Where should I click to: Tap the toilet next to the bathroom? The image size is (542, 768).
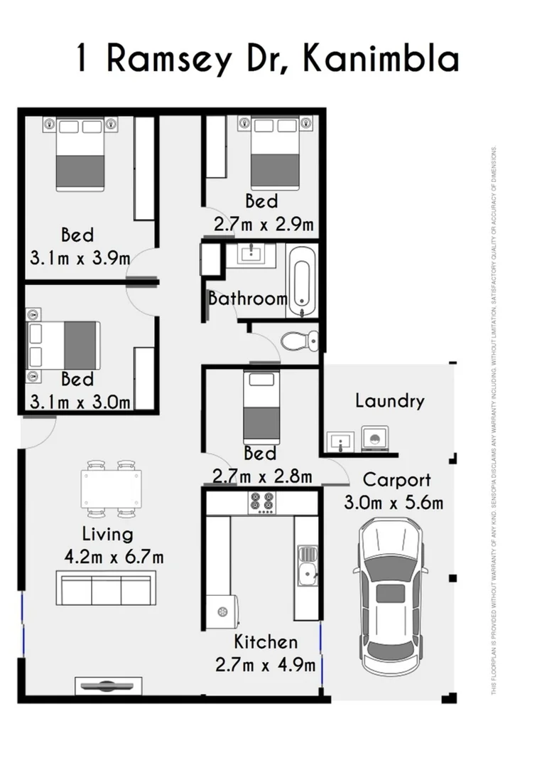pos(299,340)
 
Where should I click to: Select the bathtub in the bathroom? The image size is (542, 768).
pos(301,280)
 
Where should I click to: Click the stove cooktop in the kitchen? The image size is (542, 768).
pos(261,502)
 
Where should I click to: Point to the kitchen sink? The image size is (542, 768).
pos(307,570)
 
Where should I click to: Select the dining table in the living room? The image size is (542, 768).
pos(110,489)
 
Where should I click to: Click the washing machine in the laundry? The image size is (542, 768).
pos(375,439)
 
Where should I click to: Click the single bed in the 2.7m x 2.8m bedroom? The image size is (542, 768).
pos(260,407)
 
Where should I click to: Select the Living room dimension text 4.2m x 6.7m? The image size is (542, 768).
pos(114,556)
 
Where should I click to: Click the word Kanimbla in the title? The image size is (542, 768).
pos(380,59)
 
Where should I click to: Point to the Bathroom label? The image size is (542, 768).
pos(247,299)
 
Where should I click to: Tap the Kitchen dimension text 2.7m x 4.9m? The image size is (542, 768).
pos(265,665)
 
